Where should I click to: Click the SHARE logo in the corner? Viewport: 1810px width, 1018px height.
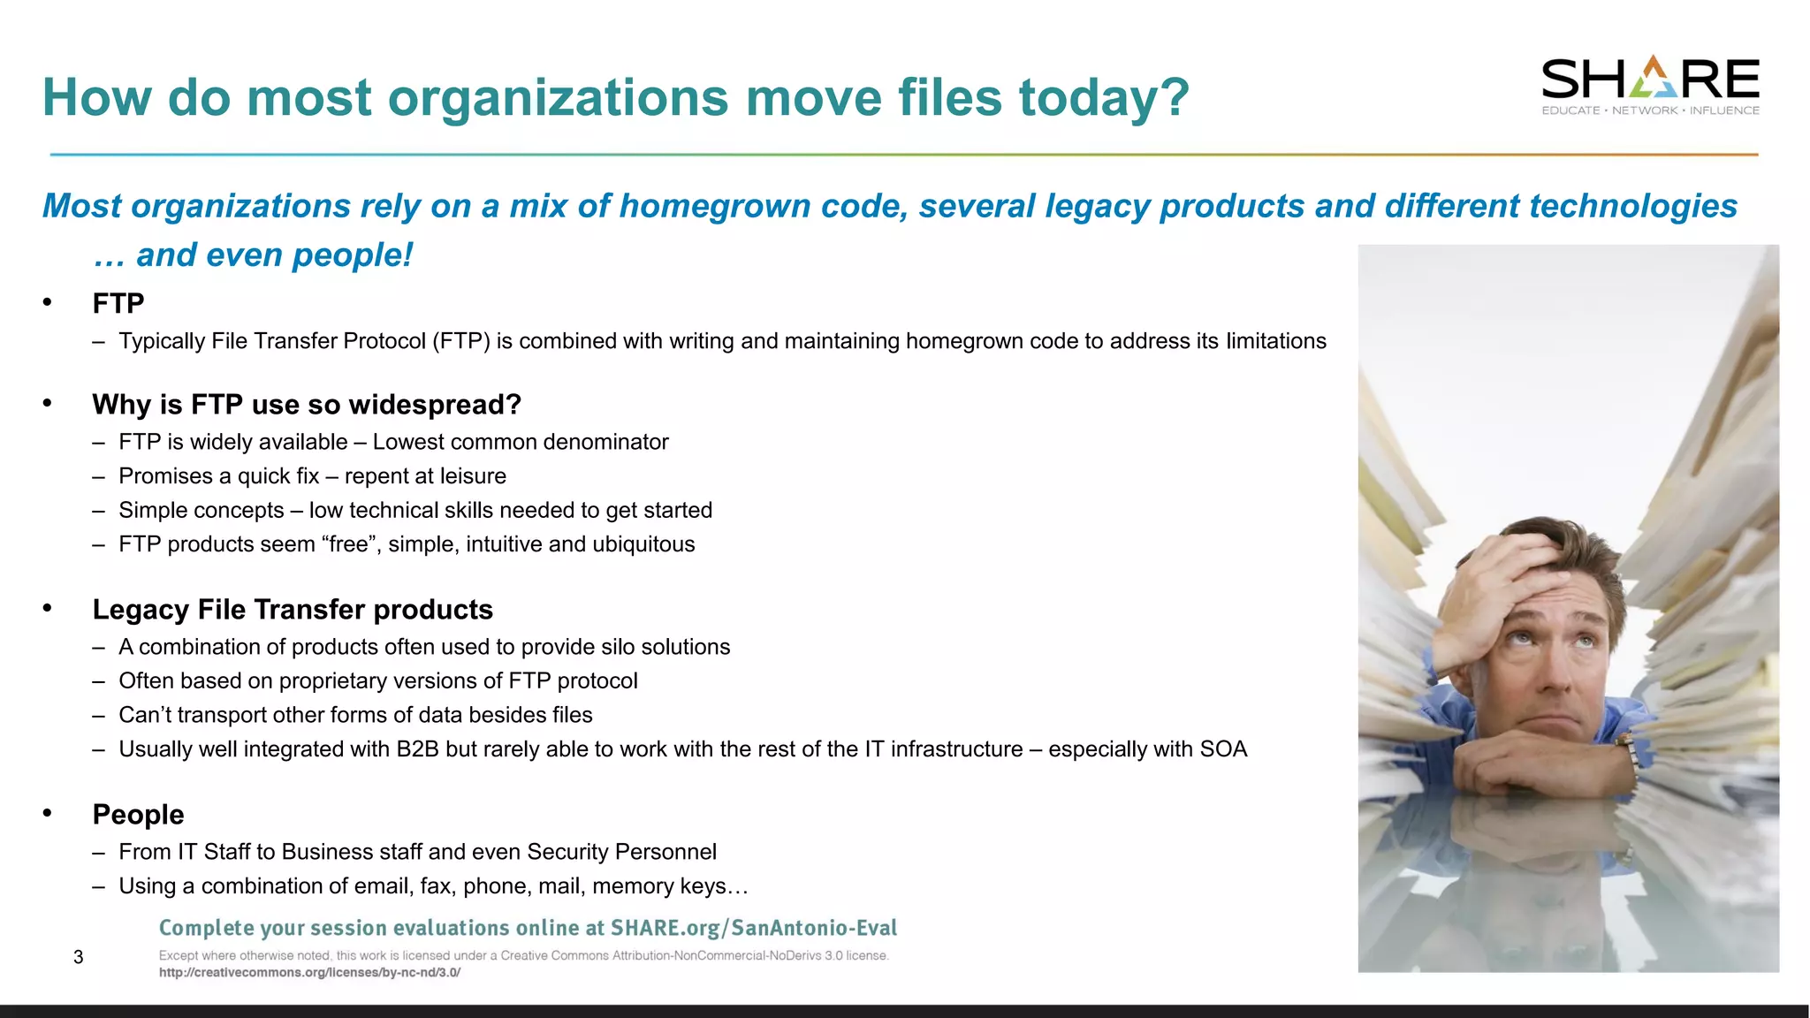coord(1650,85)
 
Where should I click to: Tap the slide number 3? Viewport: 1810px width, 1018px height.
coord(79,957)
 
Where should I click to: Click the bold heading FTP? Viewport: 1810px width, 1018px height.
coord(118,304)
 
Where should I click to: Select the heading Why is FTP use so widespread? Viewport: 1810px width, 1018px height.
coord(307,405)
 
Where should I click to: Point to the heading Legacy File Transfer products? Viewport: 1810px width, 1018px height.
coord(293,610)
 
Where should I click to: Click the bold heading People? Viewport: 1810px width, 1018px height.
coord(139,815)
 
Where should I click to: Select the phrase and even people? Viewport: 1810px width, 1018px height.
coord(274,255)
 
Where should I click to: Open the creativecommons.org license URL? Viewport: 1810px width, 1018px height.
coord(309,973)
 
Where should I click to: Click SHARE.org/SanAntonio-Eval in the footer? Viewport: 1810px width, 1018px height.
coord(754,928)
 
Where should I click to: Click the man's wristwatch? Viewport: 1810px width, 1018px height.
coord(1630,752)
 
